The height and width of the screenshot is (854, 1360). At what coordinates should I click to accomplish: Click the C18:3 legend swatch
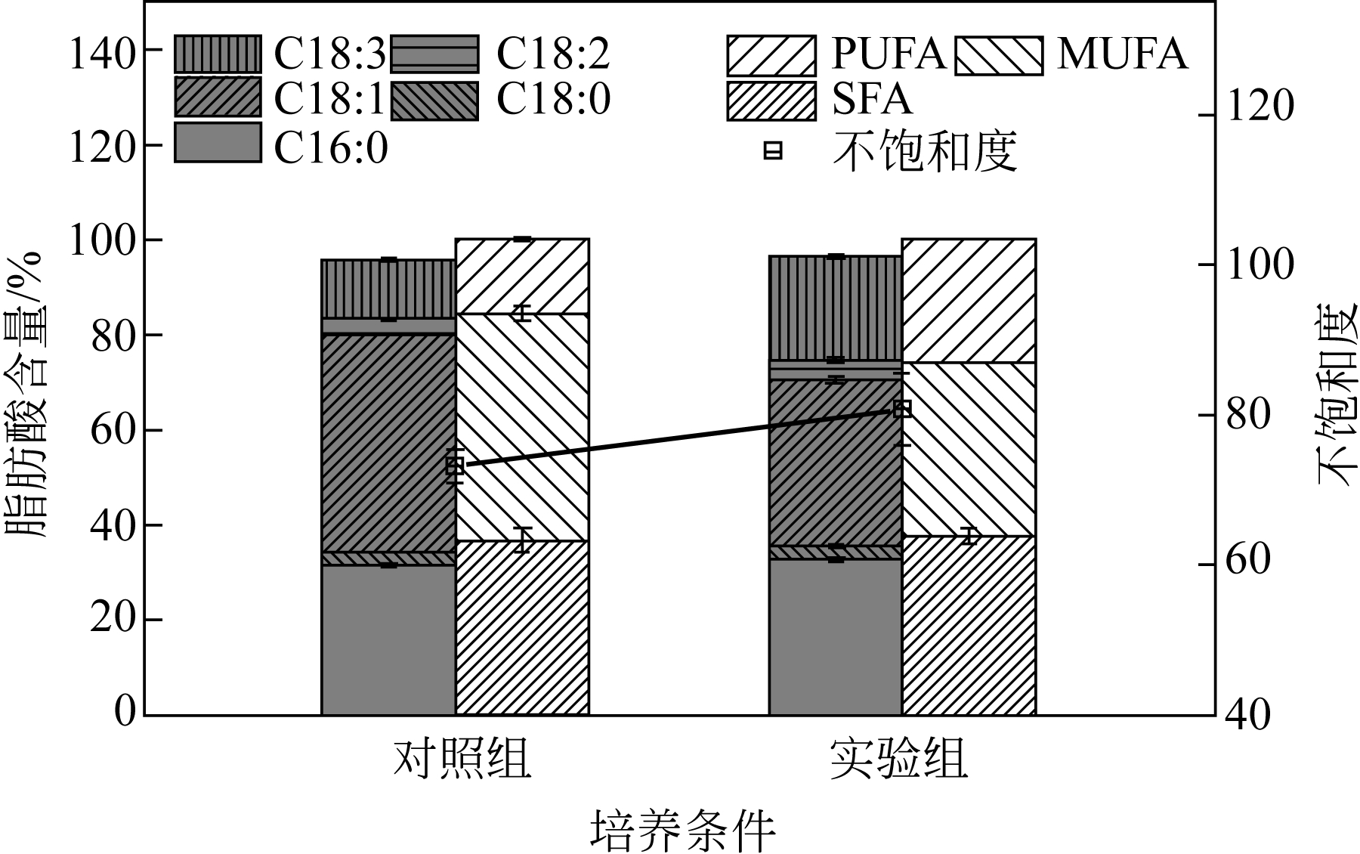(218, 54)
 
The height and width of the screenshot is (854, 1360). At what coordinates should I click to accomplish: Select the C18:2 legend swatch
(434, 54)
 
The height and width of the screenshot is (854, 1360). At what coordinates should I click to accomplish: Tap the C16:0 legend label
(330, 147)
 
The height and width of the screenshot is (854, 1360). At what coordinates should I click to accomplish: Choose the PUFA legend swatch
(771, 55)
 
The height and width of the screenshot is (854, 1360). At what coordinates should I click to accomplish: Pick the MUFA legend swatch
(999, 55)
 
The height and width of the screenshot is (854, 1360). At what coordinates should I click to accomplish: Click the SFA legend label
(872, 99)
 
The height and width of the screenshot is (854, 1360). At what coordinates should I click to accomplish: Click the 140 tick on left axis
(102, 54)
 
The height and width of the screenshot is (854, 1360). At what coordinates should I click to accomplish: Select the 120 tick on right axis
(1259, 106)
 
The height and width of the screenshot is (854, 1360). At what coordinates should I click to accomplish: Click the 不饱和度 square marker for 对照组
(454, 466)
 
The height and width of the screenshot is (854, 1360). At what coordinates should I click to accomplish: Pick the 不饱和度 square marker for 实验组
(902, 409)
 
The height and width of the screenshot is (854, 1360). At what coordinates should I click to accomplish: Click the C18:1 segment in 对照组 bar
(388, 443)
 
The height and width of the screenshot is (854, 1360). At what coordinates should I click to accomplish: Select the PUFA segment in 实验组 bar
(969, 301)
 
